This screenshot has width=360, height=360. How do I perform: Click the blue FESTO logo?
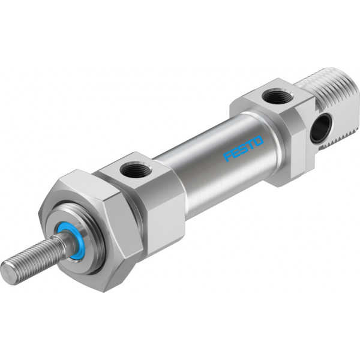point(244,149)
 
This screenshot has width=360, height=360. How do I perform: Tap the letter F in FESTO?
point(228,157)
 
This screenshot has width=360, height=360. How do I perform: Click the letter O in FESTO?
point(258,141)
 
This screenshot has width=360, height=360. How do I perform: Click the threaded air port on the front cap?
point(136,170)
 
